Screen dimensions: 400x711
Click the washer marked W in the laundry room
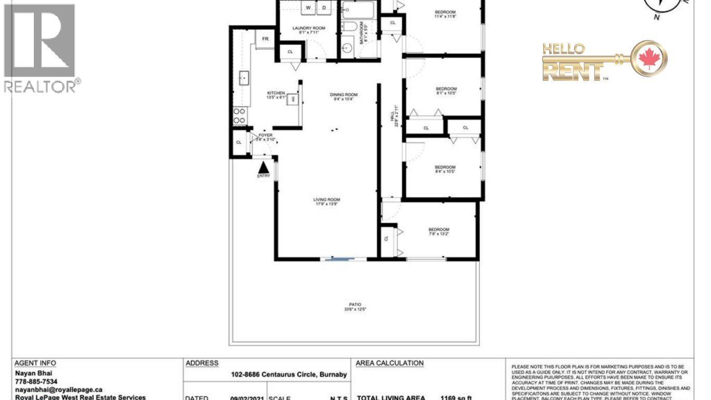(309, 8)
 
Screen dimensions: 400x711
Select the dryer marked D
(323, 8)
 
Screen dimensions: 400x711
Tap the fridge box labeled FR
(265, 39)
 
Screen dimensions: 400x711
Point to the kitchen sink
(243, 78)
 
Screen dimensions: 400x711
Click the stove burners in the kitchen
(239, 116)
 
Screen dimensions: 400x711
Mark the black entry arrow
(264, 167)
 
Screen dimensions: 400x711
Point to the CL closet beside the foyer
(239, 142)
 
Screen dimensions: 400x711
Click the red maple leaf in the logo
(649, 58)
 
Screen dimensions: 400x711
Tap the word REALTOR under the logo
(41, 86)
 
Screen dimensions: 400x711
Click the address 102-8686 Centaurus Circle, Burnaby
(289, 374)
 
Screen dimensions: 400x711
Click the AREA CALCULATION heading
(389, 363)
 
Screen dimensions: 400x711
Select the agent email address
(58, 390)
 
